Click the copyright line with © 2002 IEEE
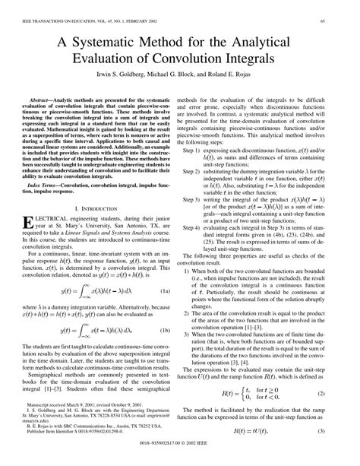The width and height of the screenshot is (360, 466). tap(179, 459)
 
